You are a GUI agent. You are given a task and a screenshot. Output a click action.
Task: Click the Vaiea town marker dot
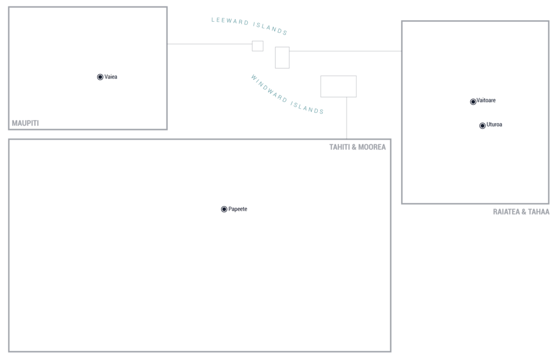(100, 77)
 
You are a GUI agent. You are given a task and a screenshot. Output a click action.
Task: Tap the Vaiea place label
(111, 76)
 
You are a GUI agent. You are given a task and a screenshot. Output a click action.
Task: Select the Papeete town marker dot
(224, 209)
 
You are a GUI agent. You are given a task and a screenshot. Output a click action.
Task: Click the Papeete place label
(238, 209)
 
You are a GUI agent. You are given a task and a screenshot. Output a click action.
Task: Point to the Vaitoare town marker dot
(473, 102)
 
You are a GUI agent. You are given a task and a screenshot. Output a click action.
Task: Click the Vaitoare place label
(486, 100)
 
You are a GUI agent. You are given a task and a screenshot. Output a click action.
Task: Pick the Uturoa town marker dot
(483, 125)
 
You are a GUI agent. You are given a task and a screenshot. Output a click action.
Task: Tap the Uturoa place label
(494, 124)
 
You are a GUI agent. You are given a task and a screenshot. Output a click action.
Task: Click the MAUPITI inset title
(25, 123)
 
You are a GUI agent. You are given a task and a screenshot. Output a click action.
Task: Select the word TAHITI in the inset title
(339, 147)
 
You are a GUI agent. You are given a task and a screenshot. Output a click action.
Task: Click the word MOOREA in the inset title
(372, 147)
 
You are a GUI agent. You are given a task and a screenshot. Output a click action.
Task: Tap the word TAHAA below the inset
(539, 212)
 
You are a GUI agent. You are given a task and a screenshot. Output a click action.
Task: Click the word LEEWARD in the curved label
(230, 21)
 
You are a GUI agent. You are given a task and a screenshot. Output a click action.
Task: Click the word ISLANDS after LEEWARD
(270, 29)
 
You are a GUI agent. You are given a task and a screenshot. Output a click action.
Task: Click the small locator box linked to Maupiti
(258, 46)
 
